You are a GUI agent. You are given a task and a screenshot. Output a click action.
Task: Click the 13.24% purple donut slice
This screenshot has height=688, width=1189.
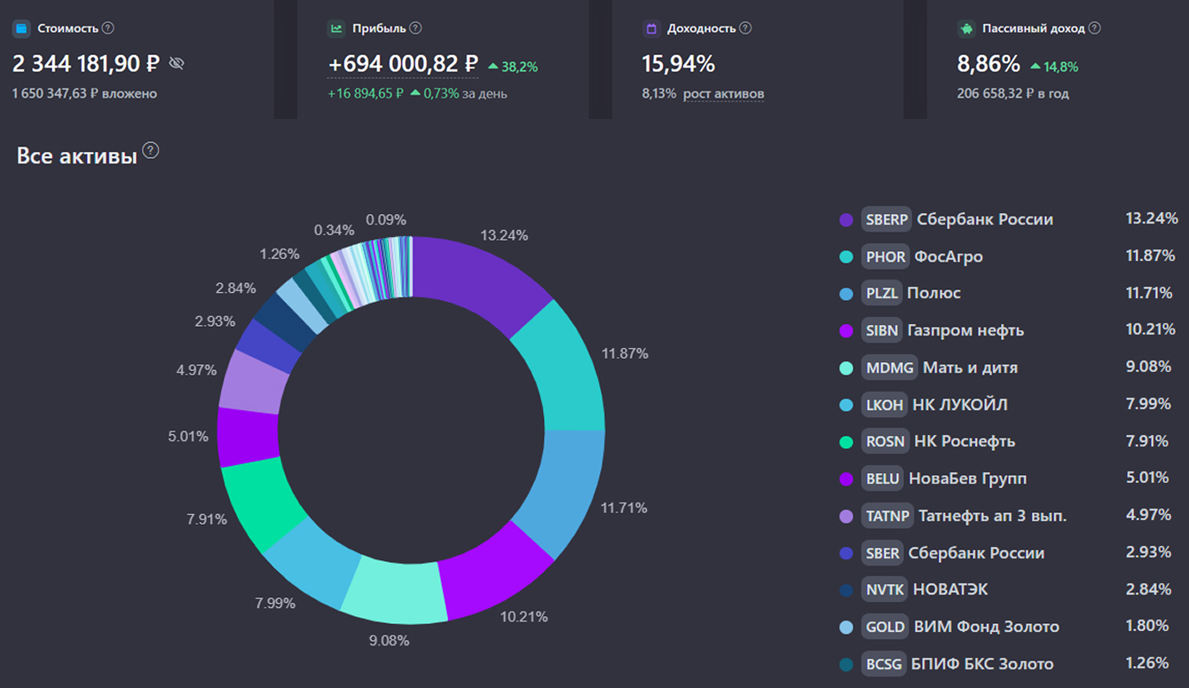[x=479, y=280]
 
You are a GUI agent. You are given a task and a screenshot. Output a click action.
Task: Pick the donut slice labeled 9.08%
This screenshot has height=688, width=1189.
[x=395, y=590]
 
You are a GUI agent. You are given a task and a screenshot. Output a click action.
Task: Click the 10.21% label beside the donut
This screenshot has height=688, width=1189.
[x=524, y=616]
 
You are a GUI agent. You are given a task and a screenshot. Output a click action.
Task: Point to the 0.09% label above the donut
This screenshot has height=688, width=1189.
[x=385, y=219]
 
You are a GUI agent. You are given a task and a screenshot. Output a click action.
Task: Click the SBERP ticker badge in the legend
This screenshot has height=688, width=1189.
[x=886, y=219]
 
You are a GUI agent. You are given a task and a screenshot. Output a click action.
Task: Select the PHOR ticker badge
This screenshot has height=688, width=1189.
[x=886, y=257]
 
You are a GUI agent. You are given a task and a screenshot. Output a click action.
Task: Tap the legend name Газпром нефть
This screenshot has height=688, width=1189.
[x=965, y=330]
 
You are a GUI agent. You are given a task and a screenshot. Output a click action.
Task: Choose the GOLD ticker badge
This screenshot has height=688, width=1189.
[x=885, y=627]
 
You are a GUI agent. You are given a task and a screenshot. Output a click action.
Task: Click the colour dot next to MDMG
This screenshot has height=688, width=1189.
[x=846, y=368]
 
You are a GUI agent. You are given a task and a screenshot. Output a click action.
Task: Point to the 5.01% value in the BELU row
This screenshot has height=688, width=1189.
[x=1146, y=478]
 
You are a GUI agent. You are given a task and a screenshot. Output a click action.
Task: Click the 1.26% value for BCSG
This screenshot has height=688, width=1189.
[x=1146, y=663]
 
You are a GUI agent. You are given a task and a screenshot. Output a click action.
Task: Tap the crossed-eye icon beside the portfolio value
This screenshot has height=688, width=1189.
[x=177, y=63]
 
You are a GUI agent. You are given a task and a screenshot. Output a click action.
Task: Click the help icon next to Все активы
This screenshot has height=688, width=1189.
[x=151, y=150]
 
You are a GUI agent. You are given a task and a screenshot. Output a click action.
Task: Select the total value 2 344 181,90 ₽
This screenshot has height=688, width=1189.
[x=86, y=64]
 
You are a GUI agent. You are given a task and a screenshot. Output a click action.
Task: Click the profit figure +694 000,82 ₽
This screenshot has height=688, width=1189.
[x=402, y=64]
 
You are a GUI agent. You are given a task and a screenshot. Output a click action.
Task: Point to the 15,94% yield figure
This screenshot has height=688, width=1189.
[x=678, y=64]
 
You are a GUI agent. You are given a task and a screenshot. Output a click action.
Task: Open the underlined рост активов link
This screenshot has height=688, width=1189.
[x=723, y=93]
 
